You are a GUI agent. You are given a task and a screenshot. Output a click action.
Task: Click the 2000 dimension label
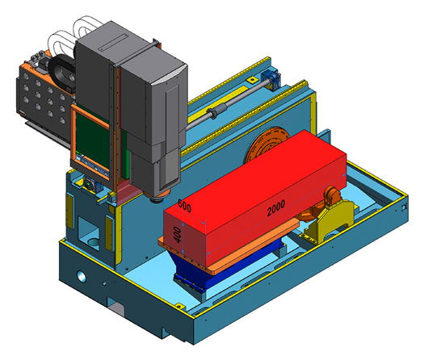pyautogui.click(x=276, y=207)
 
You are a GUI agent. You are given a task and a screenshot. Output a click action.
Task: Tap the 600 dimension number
pyautogui.click(x=184, y=206)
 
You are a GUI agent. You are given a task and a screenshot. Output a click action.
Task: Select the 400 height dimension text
pyautogui.click(x=177, y=235)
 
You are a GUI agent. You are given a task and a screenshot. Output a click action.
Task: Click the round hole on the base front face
pyautogui.click(x=81, y=276)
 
